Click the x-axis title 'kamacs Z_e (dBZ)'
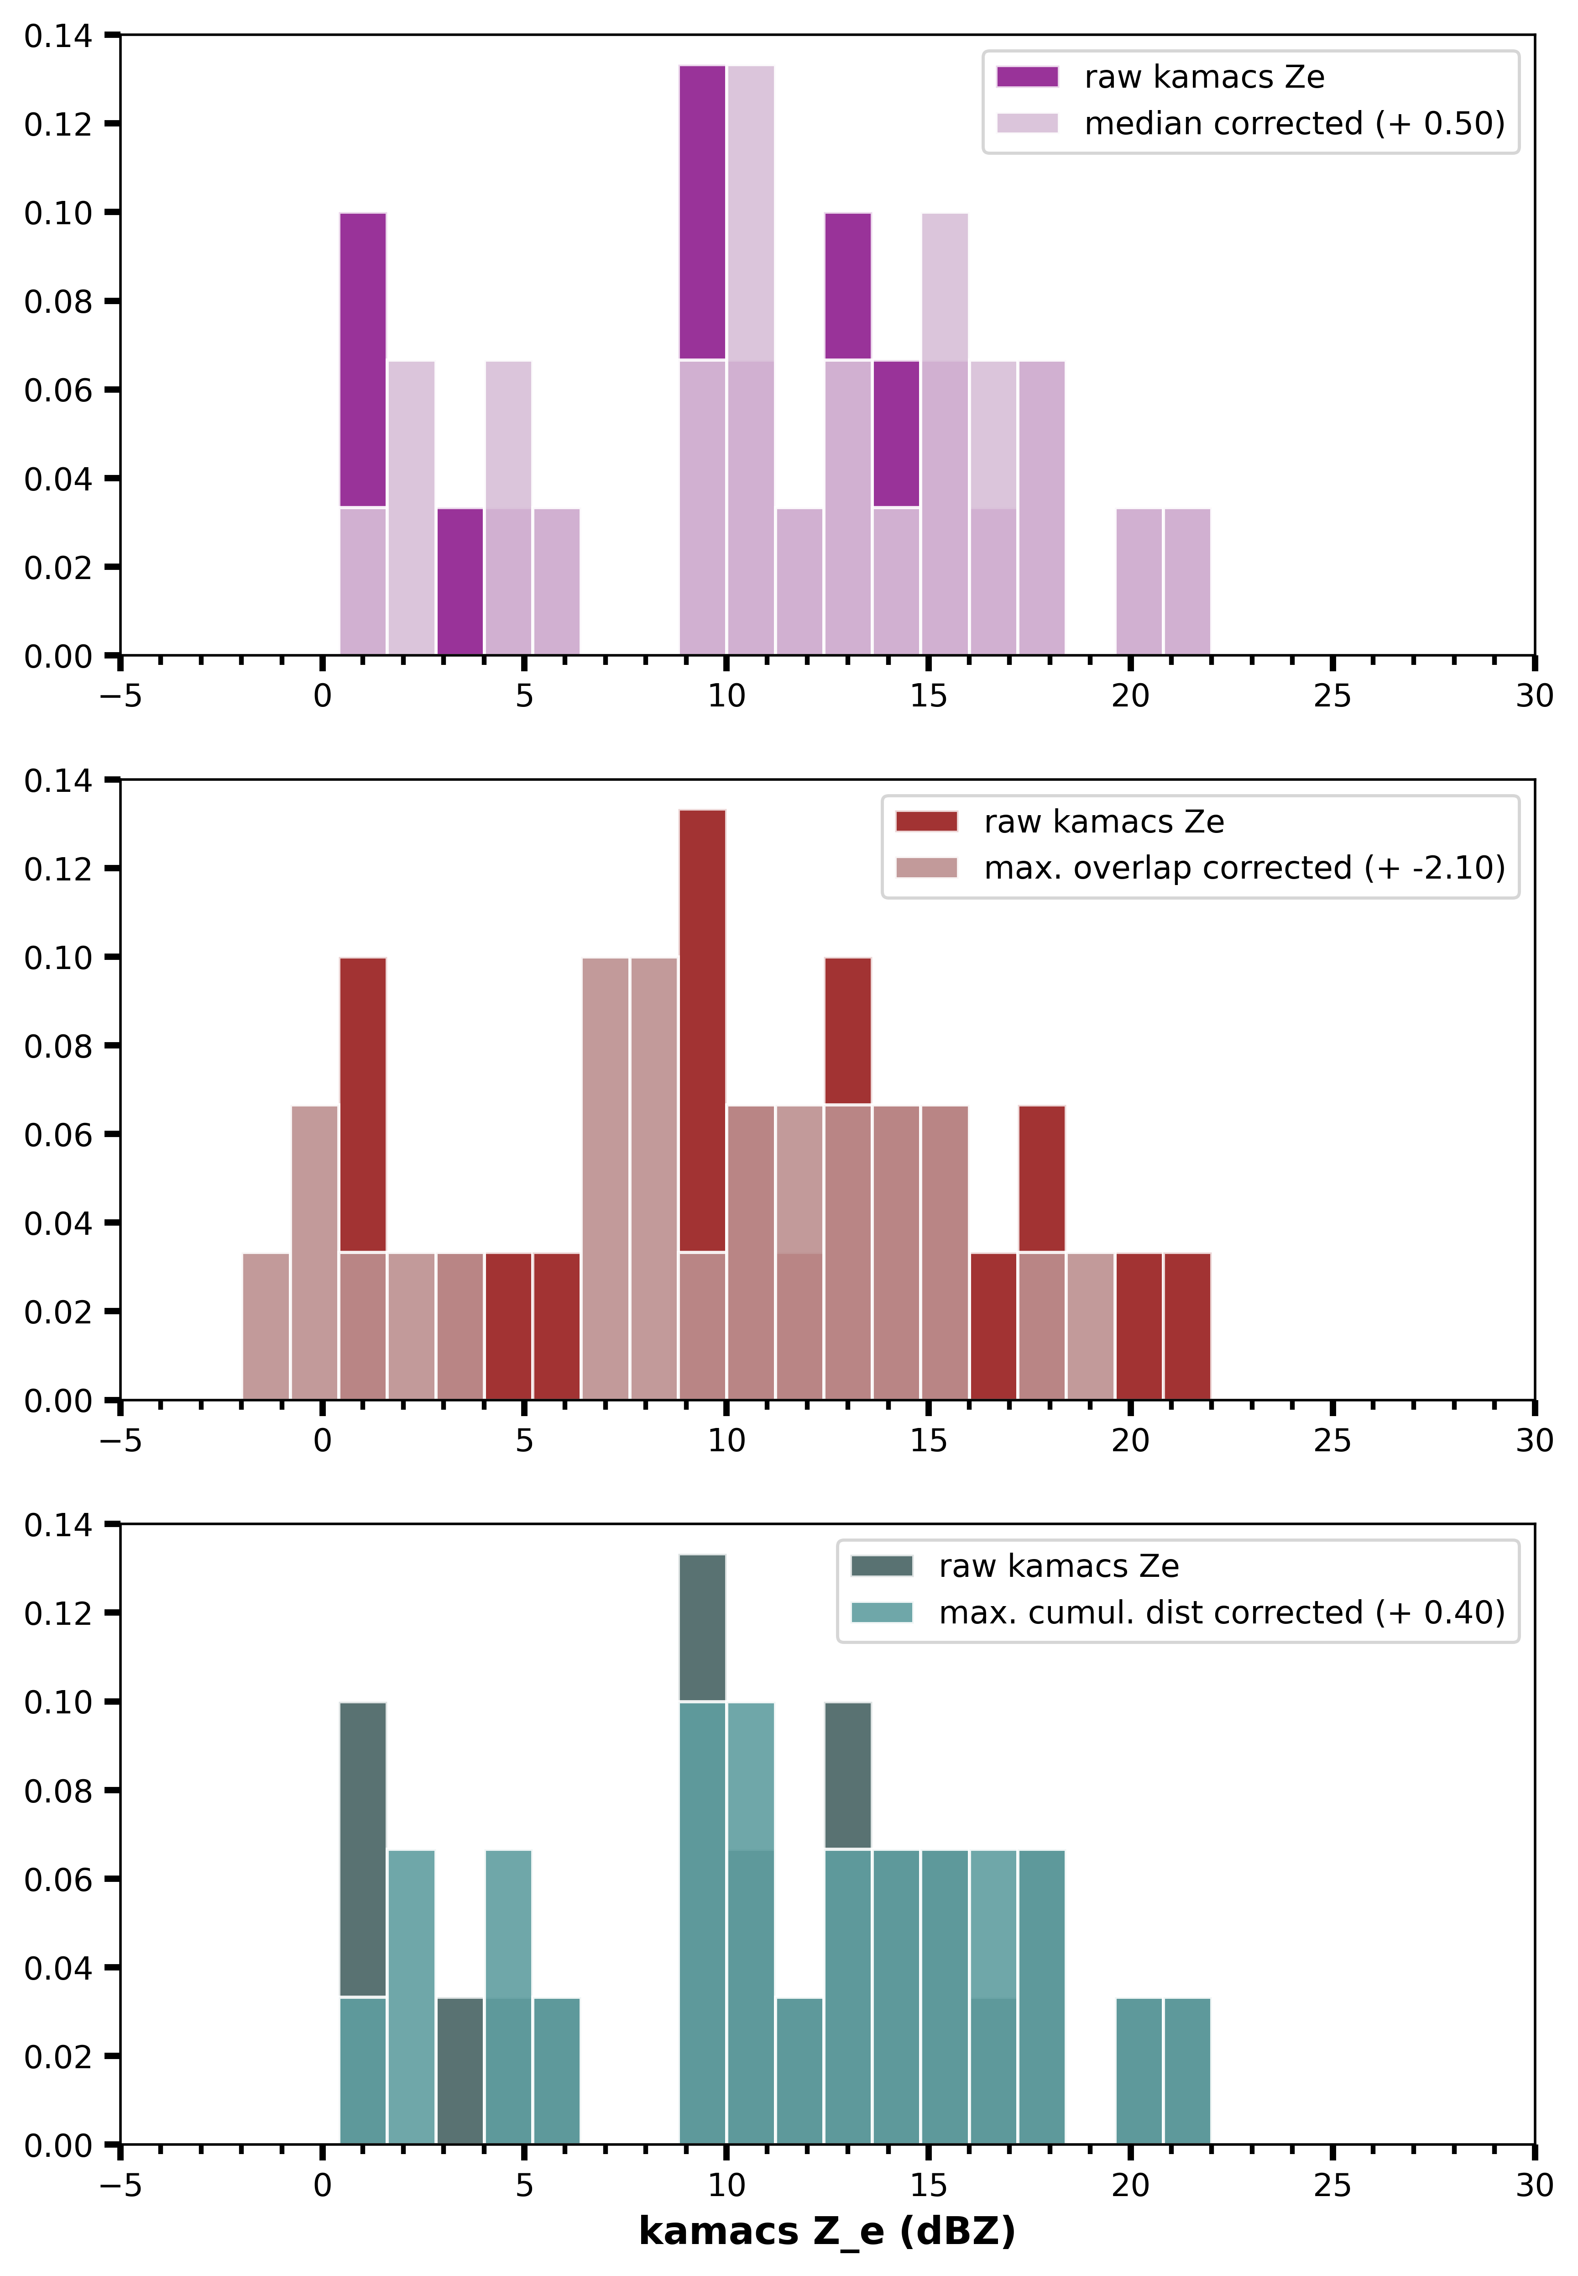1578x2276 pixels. [x=826, y=2230]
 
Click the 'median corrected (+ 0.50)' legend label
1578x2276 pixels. [x=1294, y=124]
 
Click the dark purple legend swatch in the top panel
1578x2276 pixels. [x=1027, y=77]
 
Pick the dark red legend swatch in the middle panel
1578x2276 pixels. [x=926, y=822]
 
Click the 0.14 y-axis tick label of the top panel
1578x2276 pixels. [x=57, y=37]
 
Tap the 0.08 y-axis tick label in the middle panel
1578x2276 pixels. [x=57, y=1047]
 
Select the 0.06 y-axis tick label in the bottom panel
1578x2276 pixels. [x=57, y=1879]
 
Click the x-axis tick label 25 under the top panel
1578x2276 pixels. [x=1332, y=696]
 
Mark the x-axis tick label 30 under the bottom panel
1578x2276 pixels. [x=1533, y=2185]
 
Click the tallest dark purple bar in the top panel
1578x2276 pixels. [x=702, y=213]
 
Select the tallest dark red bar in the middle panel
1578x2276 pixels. [x=702, y=1029]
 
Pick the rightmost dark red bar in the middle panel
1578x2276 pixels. [x=1186, y=1325]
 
